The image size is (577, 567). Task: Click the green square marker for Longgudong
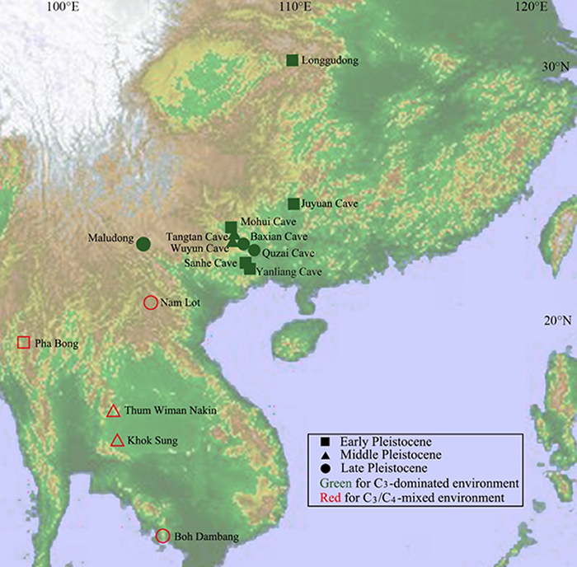click(292, 60)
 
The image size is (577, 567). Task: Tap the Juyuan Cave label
click(332, 204)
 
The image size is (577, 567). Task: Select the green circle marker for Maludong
click(143, 243)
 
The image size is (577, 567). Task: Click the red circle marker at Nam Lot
click(151, 302)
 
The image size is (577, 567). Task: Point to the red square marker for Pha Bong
click(23, 342)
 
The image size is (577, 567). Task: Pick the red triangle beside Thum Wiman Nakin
click(114, 410)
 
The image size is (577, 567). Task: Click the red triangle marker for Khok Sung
click(117, 441)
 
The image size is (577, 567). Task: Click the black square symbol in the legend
click(316, 441)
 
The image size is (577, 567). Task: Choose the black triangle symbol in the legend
click(316, 455)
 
